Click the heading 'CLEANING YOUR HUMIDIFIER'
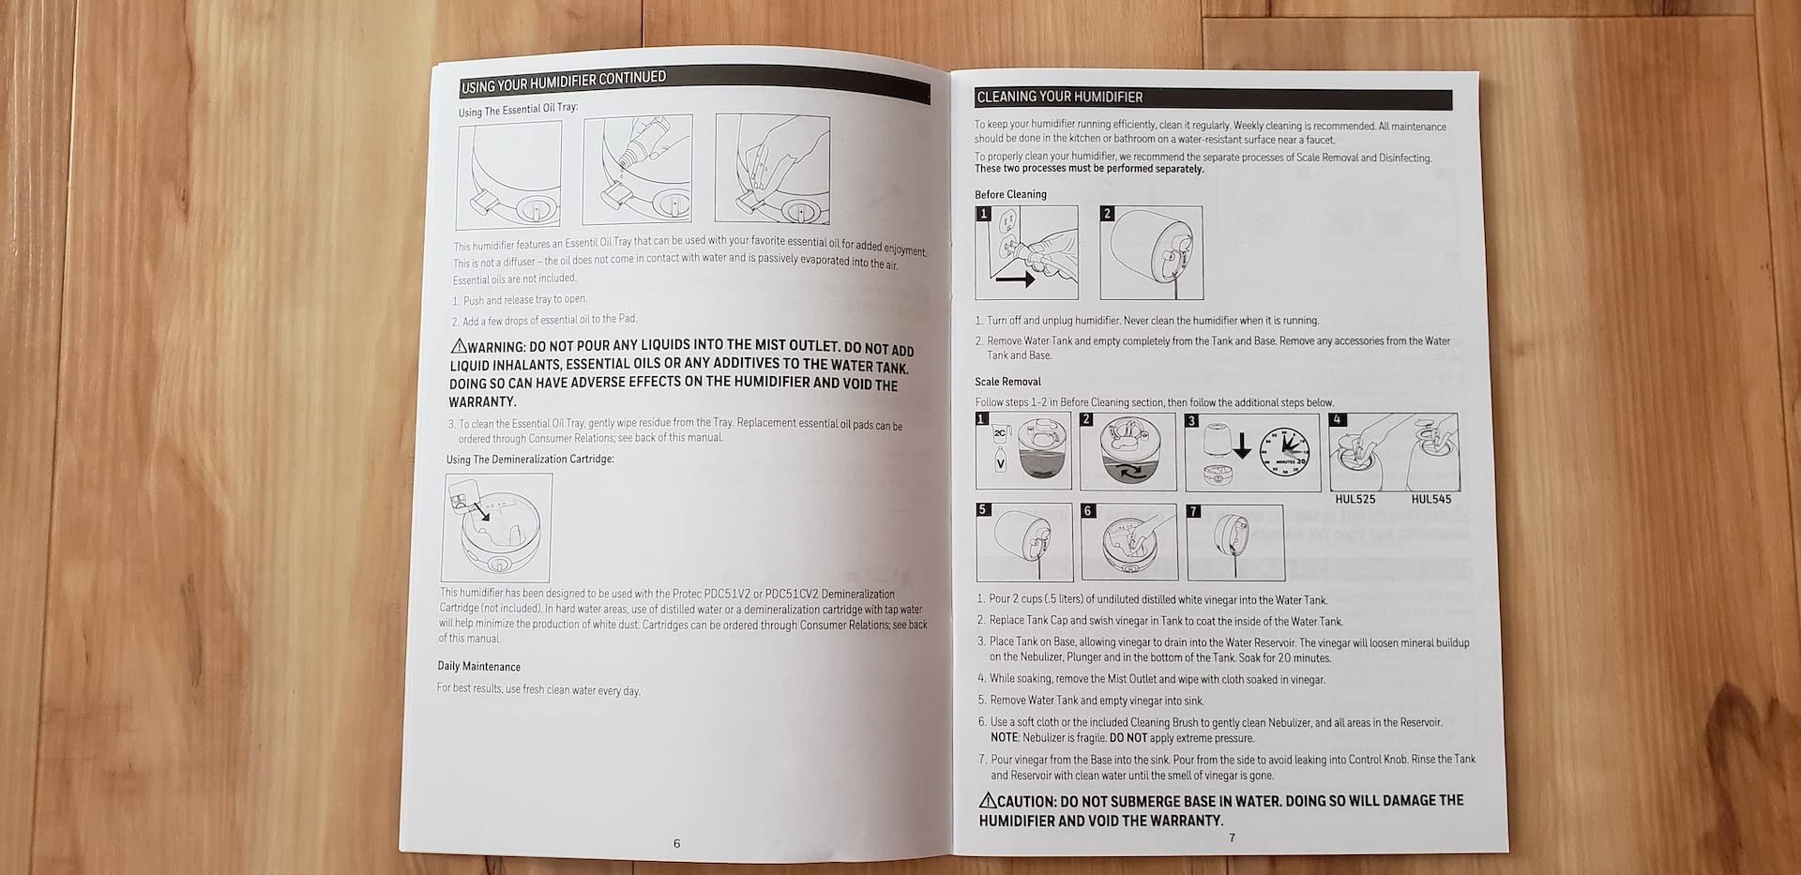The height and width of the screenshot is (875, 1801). coord(1060,97)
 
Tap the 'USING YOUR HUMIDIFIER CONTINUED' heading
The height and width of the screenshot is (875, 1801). coord(564,82)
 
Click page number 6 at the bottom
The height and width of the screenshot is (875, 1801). coord(676,843)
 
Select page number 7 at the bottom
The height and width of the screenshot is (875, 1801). coord(1233,837)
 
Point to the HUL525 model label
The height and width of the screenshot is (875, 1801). coord(1355,499)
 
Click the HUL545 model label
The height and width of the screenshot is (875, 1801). coord(1430,499)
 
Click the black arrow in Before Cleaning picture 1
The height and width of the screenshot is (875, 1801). coord(1015,279)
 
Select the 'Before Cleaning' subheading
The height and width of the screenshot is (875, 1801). coord(1010,194)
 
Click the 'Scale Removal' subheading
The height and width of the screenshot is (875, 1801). coord(1007,382)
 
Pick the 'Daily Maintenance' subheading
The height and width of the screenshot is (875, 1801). coord(478,666)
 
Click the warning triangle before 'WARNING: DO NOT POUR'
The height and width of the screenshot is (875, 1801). coord(459,345)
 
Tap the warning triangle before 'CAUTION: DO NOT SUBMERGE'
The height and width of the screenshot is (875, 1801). coord(988,800)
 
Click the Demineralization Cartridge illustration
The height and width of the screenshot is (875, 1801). coord(497,527)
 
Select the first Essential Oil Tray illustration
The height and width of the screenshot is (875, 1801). coord(508,175)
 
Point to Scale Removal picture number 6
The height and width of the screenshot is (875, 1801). coord(1128,542)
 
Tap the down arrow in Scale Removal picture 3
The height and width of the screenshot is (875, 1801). coord(1242,445)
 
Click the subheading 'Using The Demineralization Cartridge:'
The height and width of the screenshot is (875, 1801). coord(530,459)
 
